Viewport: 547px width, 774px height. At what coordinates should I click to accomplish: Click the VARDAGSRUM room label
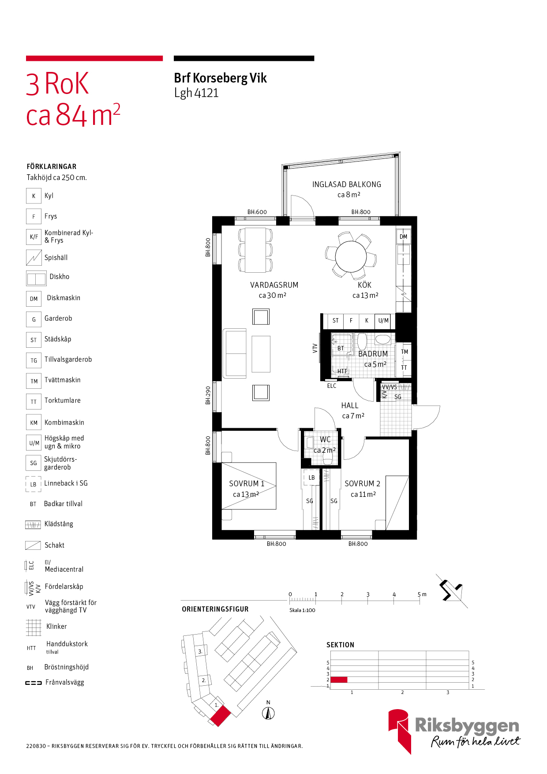[x=274, y=285]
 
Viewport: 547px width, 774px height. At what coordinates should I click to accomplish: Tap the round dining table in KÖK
[x=351, y=256]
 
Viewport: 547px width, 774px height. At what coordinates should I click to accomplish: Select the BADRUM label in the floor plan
[x=373, y=354]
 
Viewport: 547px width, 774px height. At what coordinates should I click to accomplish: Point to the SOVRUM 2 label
[x=362, y=484]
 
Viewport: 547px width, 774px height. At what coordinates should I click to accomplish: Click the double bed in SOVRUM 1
[x=249, y=486]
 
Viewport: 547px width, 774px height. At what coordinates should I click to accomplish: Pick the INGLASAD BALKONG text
[x=346, y=184]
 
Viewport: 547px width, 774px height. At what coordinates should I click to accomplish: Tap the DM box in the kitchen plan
[x=403, y=237]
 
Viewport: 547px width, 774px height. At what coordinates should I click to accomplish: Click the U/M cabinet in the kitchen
[x=383, y=321]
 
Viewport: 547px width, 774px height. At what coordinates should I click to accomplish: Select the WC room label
[x=325, y=440]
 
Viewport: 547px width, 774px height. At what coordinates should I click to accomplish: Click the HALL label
[x=349, y=406]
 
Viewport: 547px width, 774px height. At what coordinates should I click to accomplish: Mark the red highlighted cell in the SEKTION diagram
[x=339, y=680]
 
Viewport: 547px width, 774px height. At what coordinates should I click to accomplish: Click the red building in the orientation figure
[x=220, y=716]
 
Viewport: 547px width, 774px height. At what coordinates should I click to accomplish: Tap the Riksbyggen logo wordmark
[x=467, y=726]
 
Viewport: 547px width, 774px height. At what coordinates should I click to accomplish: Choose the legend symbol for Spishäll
[x=34, y=258]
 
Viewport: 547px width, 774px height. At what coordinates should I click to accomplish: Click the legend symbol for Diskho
[x=36, y=278]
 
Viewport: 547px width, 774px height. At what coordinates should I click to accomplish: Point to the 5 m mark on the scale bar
[x=420, y=595]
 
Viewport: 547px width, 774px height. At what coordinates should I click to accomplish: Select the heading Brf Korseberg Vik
[x=220, y=78]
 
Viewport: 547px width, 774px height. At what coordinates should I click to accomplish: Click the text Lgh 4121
[x=196, y=93]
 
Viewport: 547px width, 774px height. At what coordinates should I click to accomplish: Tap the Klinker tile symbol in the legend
[x=34, y=627]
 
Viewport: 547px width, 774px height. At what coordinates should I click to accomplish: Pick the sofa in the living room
[x=235, y=353]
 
